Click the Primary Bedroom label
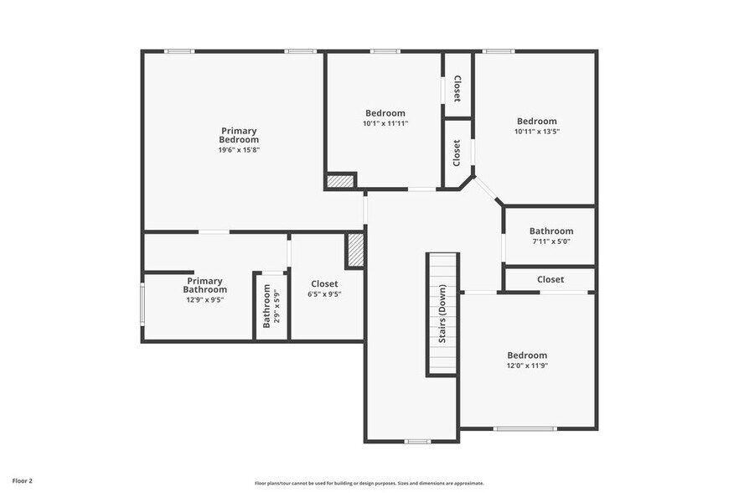(239, 135)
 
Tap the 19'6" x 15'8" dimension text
(239, 150)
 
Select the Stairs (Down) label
(442, 314)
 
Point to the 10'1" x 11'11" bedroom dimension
(385, 123)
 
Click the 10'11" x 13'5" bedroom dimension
(536, 131)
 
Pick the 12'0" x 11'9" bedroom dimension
(527, 366)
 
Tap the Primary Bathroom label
(205, 285)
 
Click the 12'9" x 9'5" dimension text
(205, 299)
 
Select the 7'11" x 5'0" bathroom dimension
(551, 241)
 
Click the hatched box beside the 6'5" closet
(355, 250)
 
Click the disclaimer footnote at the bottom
(369, 483)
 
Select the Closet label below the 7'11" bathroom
(550, 279)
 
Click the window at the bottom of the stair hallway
(417, 441)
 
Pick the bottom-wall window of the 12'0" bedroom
(525, 428)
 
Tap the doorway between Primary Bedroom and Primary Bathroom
(214, 231)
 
